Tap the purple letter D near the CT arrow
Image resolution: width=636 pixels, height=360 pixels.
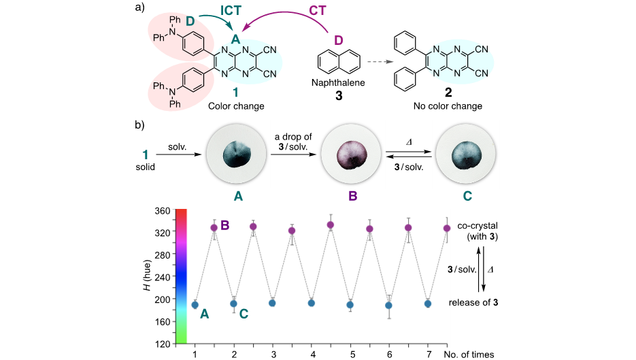coord(338,41)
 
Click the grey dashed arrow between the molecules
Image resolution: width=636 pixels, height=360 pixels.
coord(380,62)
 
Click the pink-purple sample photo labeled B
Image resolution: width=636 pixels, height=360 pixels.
coord(352,154)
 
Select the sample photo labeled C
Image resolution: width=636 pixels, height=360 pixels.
coord(467,154)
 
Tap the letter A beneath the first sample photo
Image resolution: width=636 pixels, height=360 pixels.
coord(238,197)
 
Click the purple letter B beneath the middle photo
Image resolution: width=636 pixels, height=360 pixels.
coord(352,197)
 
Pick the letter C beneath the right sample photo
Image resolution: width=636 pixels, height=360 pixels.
coord(467,197)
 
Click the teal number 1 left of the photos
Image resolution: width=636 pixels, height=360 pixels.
coord(146,155)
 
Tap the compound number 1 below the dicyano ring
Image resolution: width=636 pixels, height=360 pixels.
coord(235,94)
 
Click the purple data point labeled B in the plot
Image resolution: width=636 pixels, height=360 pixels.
coord(214,228)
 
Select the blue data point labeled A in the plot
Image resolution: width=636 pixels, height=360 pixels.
coord(195,305)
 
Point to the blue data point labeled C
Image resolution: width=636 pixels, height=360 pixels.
coord(233,304)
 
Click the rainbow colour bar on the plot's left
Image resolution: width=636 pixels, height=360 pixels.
coord(181,276)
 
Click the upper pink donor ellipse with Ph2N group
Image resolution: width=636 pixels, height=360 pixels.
coord(179,39)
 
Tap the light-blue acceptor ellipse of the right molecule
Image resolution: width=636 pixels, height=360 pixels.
coord(461,60)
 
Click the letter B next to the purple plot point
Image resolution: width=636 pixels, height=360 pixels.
coord(225,225)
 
